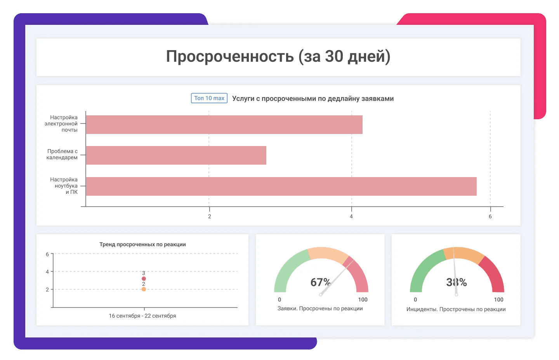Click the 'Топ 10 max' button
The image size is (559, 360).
pos(209,98)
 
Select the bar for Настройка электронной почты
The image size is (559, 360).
pos(224,125)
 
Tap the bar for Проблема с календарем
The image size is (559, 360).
pos(176,155)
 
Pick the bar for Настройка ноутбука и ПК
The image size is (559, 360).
pos(281,186)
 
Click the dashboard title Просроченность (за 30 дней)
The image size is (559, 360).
pos(278,57)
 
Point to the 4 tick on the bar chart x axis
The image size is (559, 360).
pos(351,216)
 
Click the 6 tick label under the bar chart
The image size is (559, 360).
pos(490,216)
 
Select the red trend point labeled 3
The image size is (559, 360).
pos(144,278)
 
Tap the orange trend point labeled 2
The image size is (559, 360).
pos(144,289)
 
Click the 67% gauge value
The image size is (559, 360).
pos(320,282)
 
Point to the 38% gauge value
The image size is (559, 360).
pos(457,282)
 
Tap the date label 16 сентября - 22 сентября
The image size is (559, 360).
pos(142,316)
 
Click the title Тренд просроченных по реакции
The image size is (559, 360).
pos(142,244)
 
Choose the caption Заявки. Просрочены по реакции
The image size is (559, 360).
pos(320,308)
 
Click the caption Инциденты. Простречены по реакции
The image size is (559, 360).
pos(456,309)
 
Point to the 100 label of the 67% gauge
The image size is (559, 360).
pos(363,299)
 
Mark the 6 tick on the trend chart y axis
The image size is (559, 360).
pos(47,254)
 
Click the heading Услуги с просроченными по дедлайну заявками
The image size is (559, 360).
pos(313,99)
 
